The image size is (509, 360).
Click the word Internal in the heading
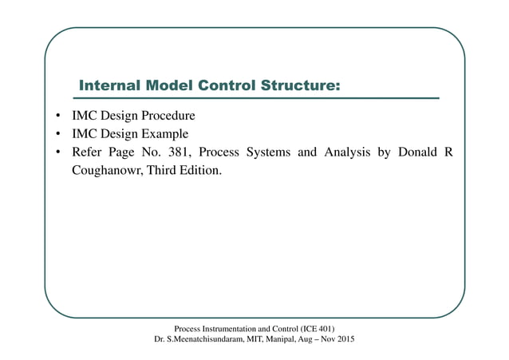[108, 85]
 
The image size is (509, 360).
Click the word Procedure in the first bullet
[164, 115]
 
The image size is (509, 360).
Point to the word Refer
[89, 152]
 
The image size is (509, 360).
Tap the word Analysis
[348, 152]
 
